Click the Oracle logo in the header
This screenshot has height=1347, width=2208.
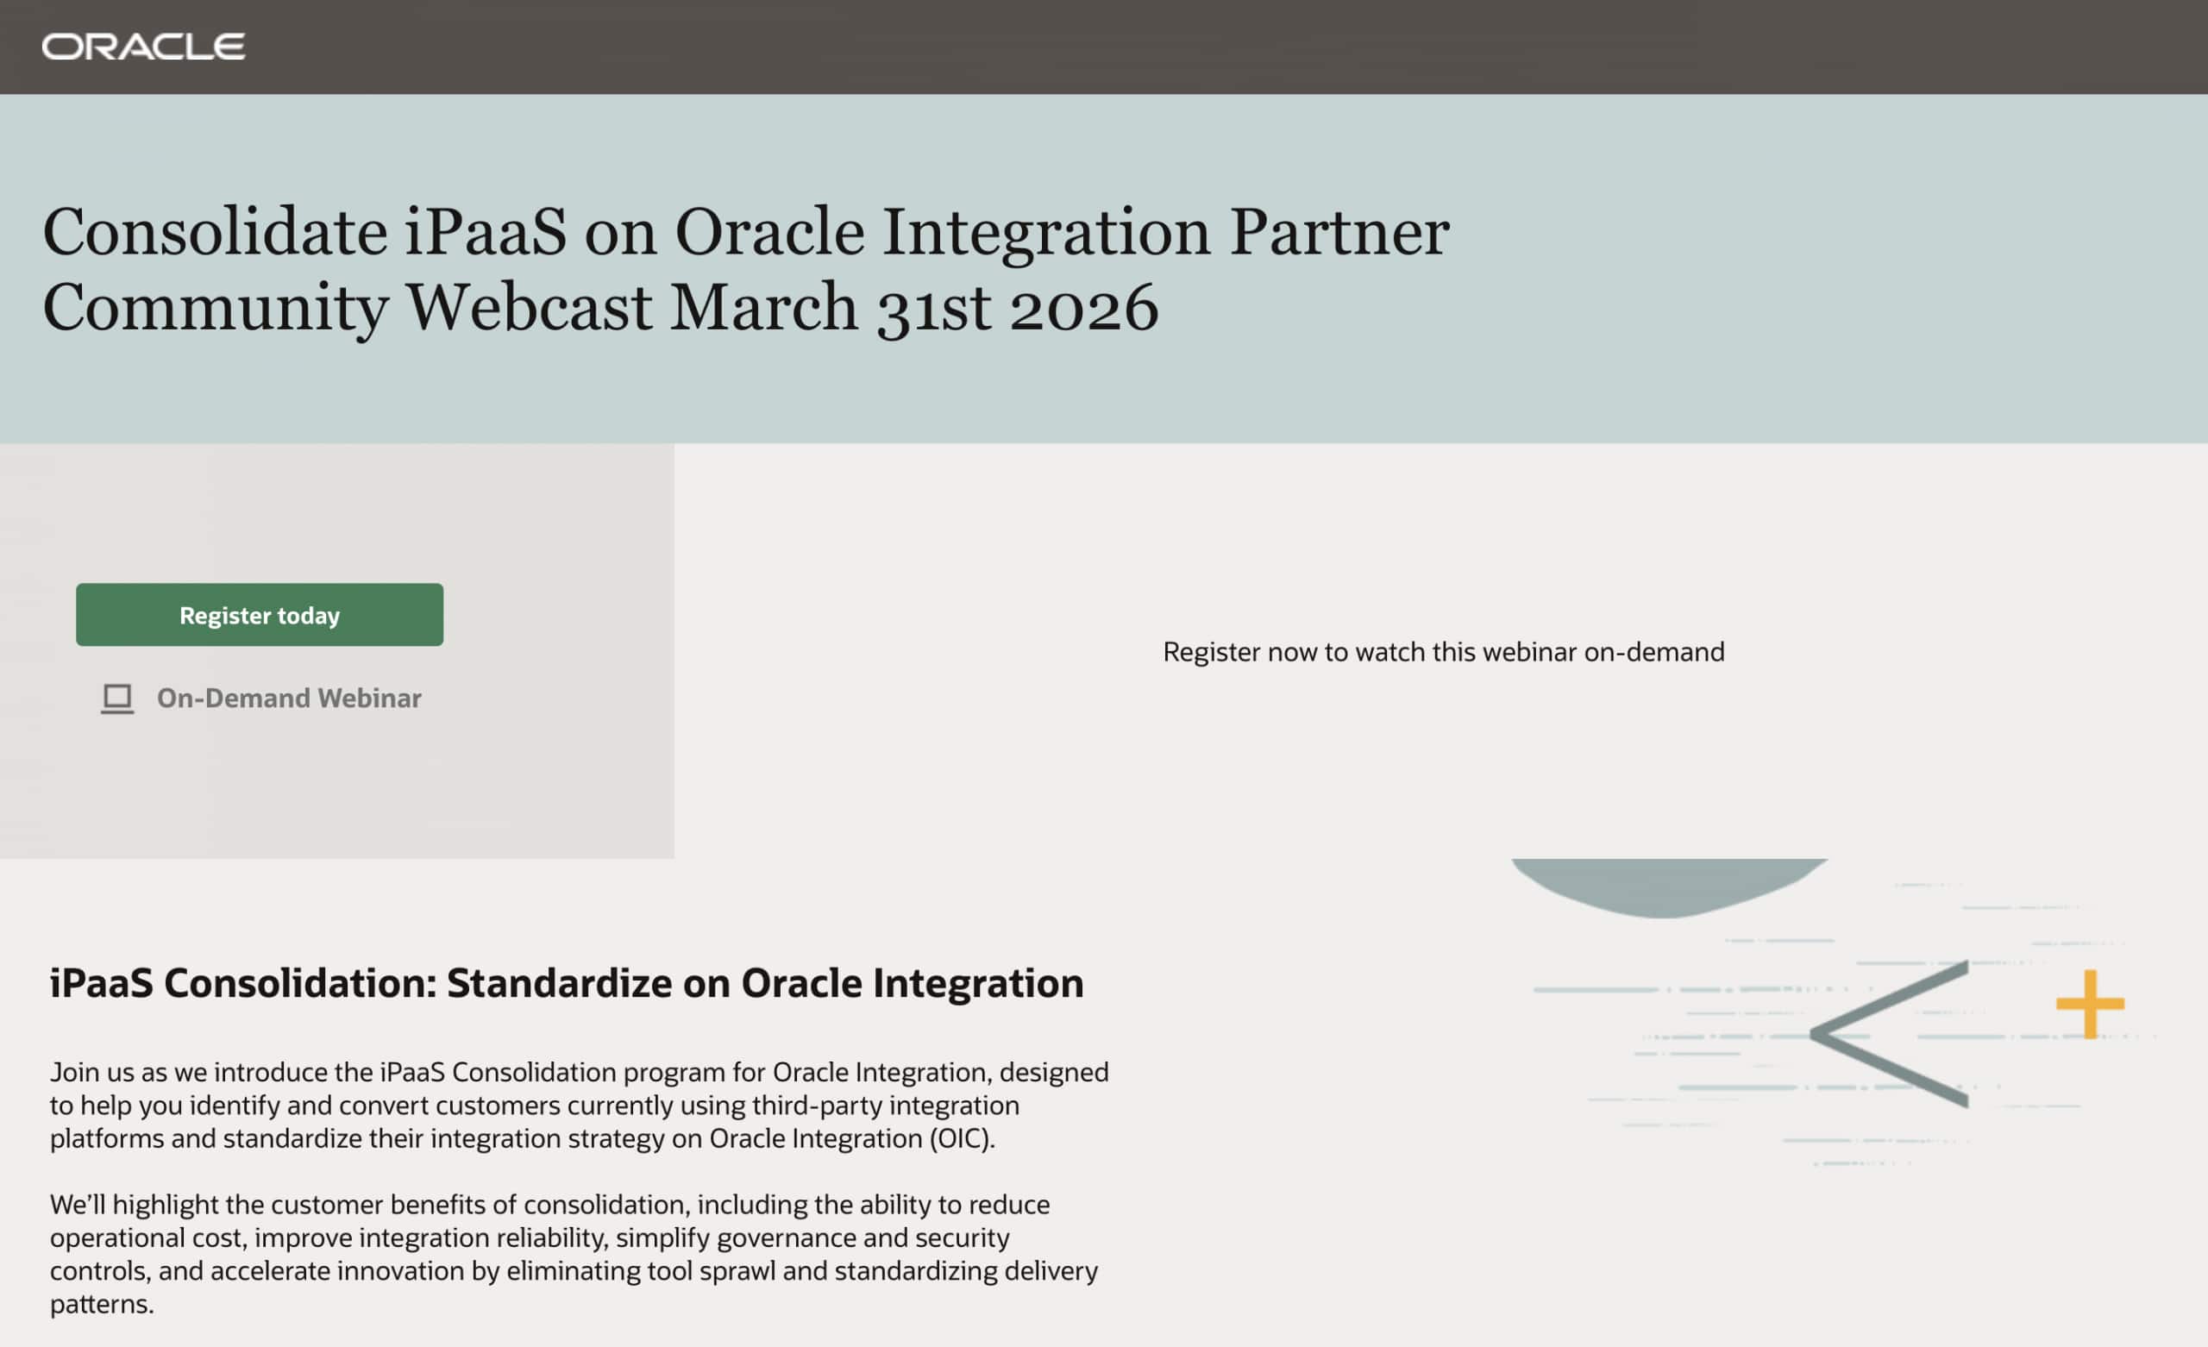[x=143, y=47]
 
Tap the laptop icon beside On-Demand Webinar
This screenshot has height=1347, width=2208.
[x=117, y=699]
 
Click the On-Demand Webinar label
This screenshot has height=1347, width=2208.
[x=289, y=699]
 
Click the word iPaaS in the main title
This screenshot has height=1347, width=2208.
[x=485, y=233]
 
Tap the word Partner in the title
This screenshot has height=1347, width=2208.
[x=1339, y=233]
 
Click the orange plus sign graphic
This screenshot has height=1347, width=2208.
[x=2090, y=1004]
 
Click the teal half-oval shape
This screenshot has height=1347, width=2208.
[x=1669, y=886]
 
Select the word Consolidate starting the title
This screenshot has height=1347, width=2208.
[x=215, y=233]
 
